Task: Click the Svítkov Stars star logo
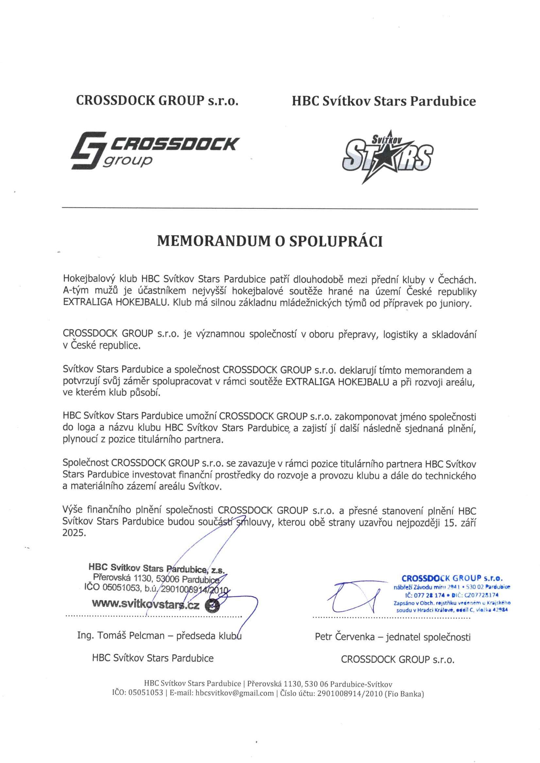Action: [388, 156]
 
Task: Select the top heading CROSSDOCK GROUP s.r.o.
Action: [157, 101]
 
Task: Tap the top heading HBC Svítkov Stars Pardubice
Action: [383, 101]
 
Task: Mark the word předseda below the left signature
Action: [193, 636]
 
